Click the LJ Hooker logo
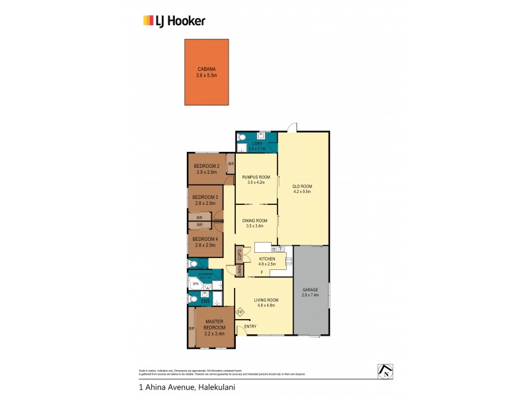(x=174, y=21)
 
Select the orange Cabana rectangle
(x=207, y=72)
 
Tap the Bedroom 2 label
(x=207, y=166)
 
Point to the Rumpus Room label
(x=256, y=176)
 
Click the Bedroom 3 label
(x=205, y=197)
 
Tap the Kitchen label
(x=266, y=259)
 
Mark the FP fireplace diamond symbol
(x=240, y=312)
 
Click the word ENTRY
(x=250, y=326)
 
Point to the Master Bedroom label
(x=215, y=325)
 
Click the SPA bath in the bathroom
(x=195, y=284)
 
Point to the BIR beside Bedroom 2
(x=231, y=163)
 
